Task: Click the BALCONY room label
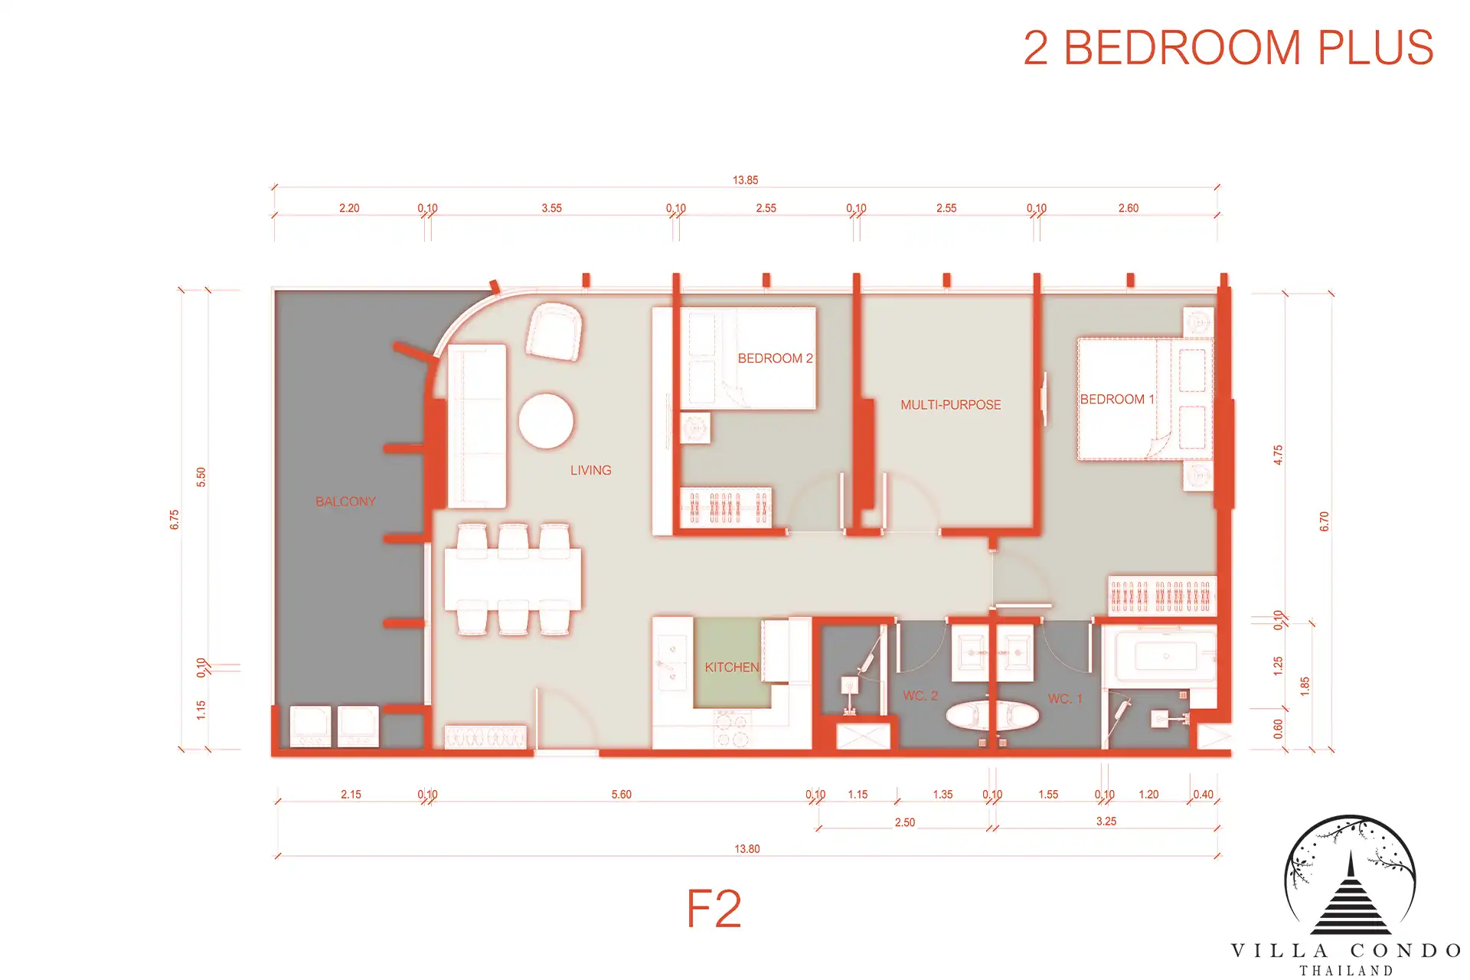(345, 501)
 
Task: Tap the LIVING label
(590, 470)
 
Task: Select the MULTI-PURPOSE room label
(950, 405)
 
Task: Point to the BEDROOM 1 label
(1116, 399)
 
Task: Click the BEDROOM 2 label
(775, 358)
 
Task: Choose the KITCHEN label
(731, 668)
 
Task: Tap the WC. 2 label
(920, 696)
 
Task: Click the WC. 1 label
(1065, 698)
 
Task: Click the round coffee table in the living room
(546, 421)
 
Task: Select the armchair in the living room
(554, 332)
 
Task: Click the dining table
(513, 578)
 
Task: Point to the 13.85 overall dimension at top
(745, 180)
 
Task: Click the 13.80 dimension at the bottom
(747, 848)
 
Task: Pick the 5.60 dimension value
(622, 795)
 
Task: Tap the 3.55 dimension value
(551, 208)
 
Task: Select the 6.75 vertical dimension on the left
(175, 520)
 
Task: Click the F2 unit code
(714, 909)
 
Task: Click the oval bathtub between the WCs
(992, 716)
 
